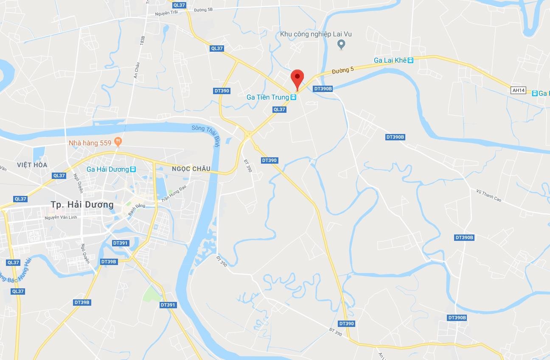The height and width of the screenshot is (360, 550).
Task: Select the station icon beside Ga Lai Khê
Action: click(411, 61)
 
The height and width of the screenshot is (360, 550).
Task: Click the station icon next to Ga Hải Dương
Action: click(133, 169)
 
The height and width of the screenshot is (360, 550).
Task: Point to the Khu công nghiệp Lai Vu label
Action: click(316, 34)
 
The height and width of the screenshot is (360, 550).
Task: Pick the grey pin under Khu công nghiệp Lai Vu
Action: click(341, 44)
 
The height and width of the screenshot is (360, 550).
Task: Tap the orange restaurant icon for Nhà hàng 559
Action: click(118, 142)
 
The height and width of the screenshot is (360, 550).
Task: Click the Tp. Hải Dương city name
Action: click(82, 205)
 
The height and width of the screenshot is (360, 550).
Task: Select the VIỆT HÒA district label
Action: click(32, 165)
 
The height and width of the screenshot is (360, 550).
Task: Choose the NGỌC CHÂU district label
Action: click(191, 169)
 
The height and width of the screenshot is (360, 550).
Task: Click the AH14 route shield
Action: click(519, 90)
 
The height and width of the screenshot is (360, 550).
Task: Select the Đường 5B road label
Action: click(203, 9)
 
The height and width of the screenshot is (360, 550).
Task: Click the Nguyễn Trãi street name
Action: click(166, 13)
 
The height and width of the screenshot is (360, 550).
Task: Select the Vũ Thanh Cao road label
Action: click(488, 195)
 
